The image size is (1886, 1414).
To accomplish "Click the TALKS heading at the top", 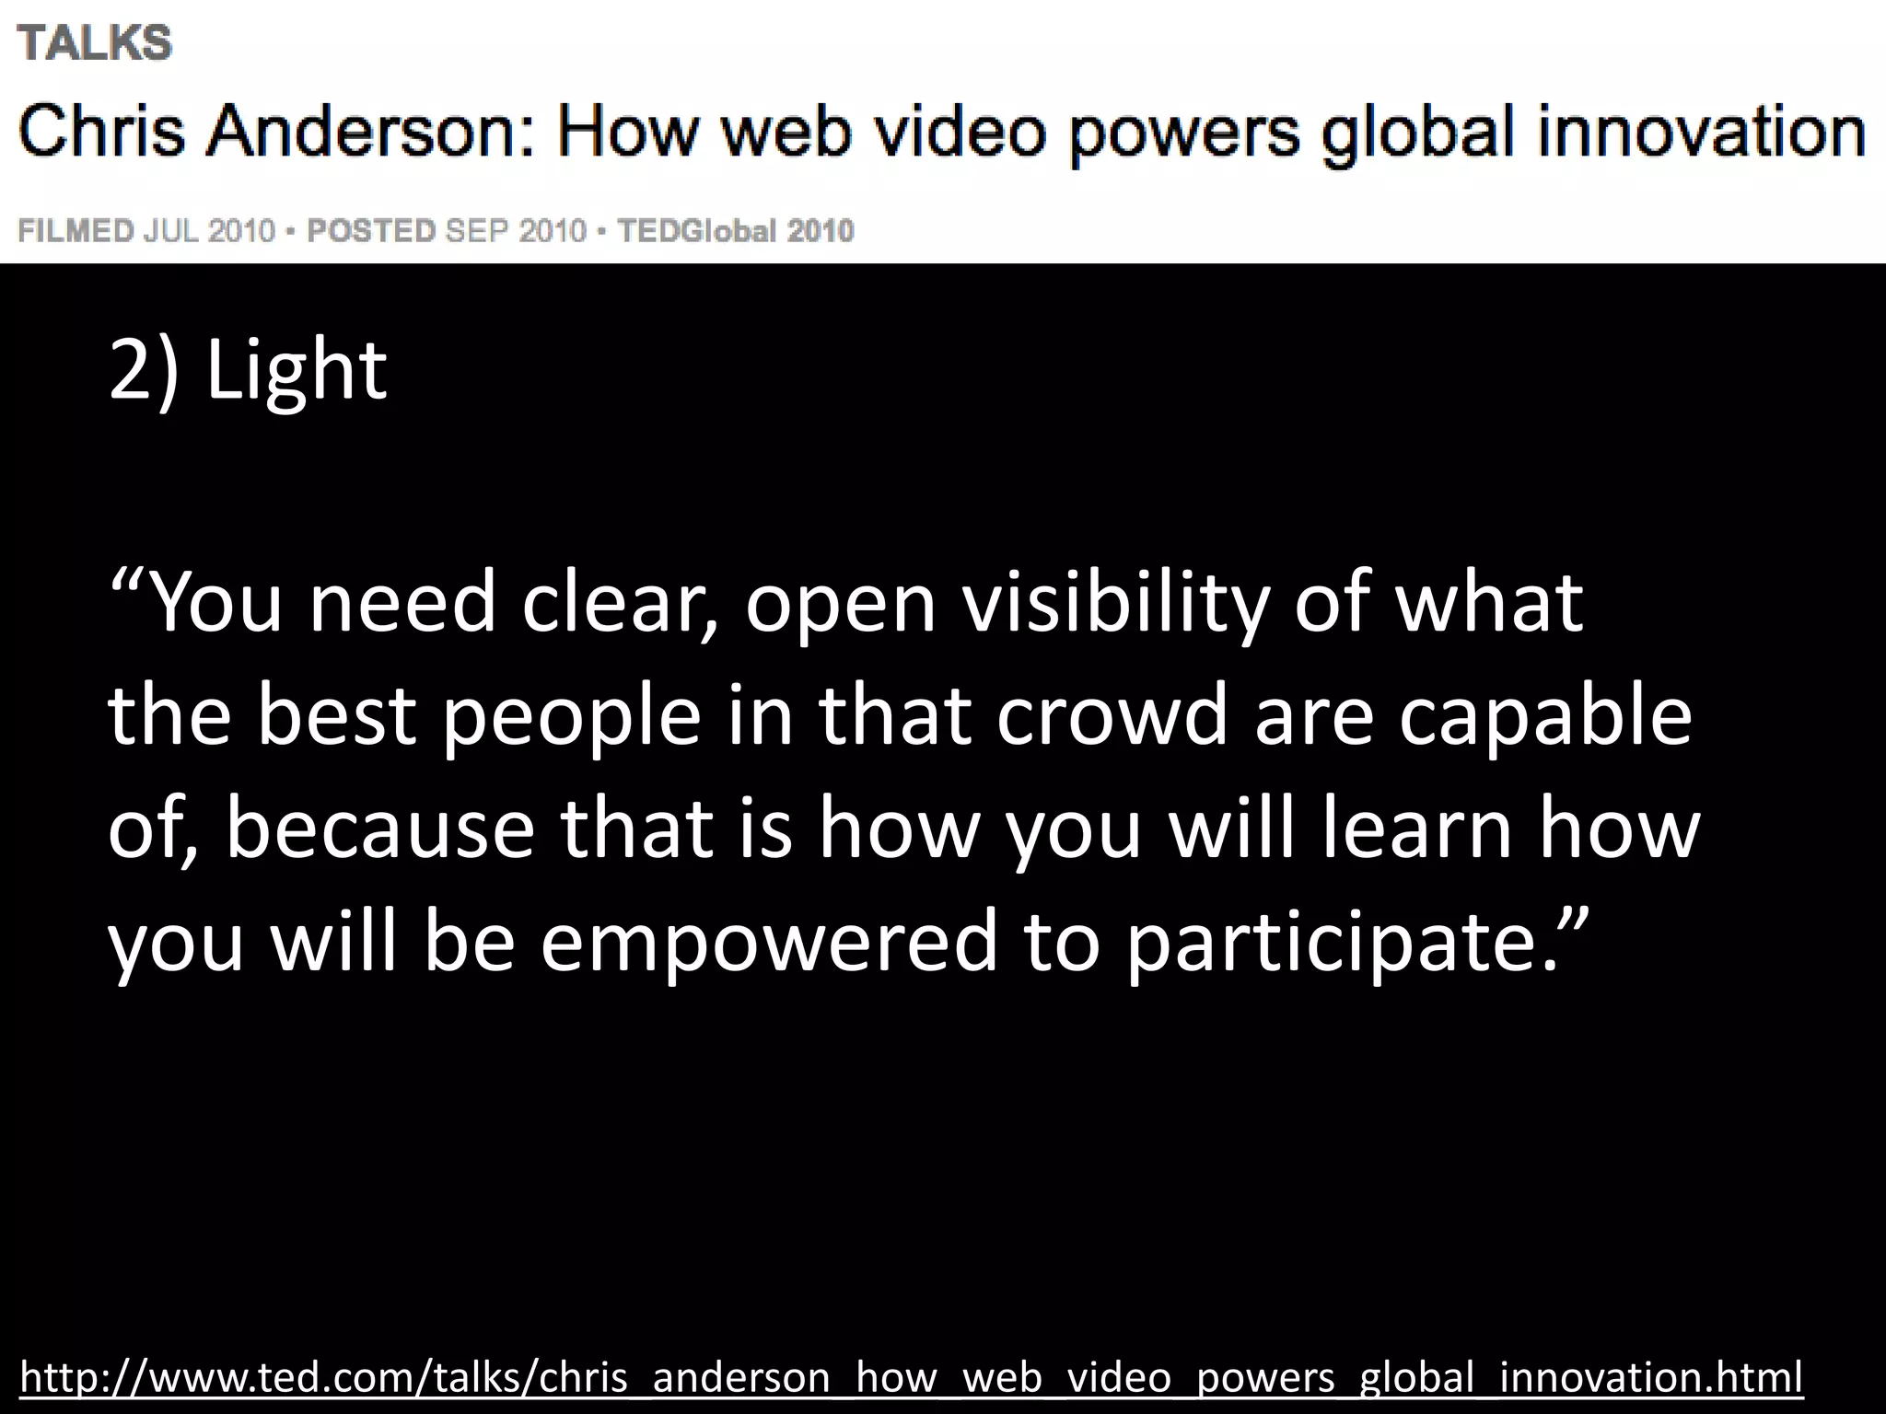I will click(95, 43).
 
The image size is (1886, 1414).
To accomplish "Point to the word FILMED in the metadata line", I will click(76, 230).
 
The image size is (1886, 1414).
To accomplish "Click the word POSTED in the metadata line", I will click(371, 230).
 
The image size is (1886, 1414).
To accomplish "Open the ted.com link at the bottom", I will click(911, 1377).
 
